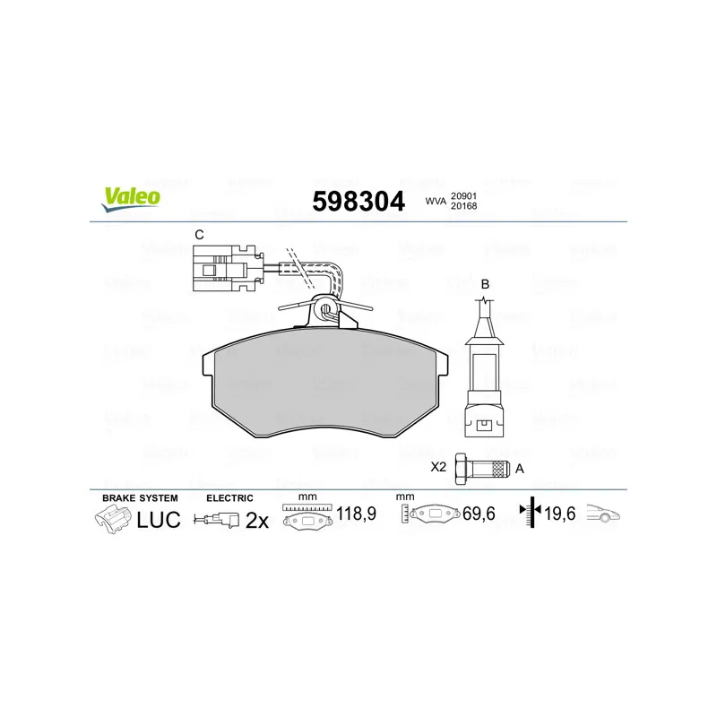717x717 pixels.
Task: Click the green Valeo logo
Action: pos(131,199)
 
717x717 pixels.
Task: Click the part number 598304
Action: pos(358,201)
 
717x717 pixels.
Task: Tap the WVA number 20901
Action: pos(463,195)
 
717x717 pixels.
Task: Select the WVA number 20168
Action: pos(463,206)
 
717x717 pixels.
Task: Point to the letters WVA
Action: pos(436,201)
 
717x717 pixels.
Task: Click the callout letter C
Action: pos(199,235)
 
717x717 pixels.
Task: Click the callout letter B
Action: pos(485,284)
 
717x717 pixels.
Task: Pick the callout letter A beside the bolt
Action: pos(520,469)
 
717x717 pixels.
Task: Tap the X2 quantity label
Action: pos(438,467)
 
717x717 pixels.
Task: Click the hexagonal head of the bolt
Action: pos(461,469)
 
